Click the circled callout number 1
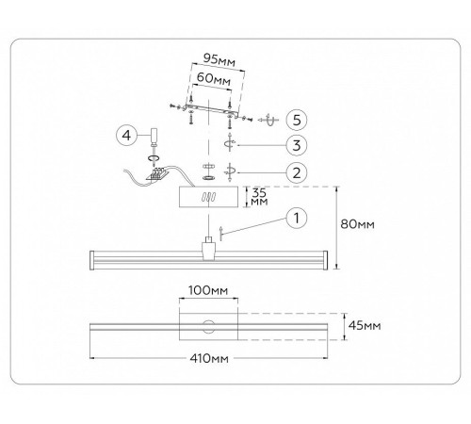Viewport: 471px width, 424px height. pyautogui.click(x=297, y=218)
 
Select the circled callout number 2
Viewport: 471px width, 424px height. pyautogui.click(x=297, y=172)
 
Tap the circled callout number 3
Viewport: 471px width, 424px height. pyautogui.click(x=297, y=145)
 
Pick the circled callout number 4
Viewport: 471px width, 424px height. pyautogui.click(x=126, y=136)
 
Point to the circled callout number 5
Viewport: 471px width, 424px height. pyautogui.click(x=297, y=120)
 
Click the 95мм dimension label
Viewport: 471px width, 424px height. pyautogui.click(x=219, y=59)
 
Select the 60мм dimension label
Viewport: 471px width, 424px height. pyautogui.click(x=214, y=78)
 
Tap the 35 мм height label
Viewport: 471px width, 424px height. pyautogui.click(x=259, y=197)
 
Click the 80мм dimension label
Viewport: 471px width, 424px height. pyautogui.click(x=358, y=224)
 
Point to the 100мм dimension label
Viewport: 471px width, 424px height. pyautogui.click(x=208, y=290)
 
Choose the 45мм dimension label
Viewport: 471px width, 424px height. pyautogui.click(x=365, y=325)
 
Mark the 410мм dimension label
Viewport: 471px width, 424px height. pyautogui.click(x=209, y=358)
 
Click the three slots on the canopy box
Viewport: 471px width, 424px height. pyautogui.click(x=209, y=198)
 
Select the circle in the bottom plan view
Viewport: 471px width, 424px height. pyautogui.click(x=208, y=327)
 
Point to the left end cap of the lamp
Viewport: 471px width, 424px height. pyautogui.click(x=92, y=260)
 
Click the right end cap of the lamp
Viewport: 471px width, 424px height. pyautogui.click(x=325, y=260)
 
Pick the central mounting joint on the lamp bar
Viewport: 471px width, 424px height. pyautogui.click(x=208, y=248)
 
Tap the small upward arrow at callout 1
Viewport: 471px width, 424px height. pyautogui.click(x=221, y=233)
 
